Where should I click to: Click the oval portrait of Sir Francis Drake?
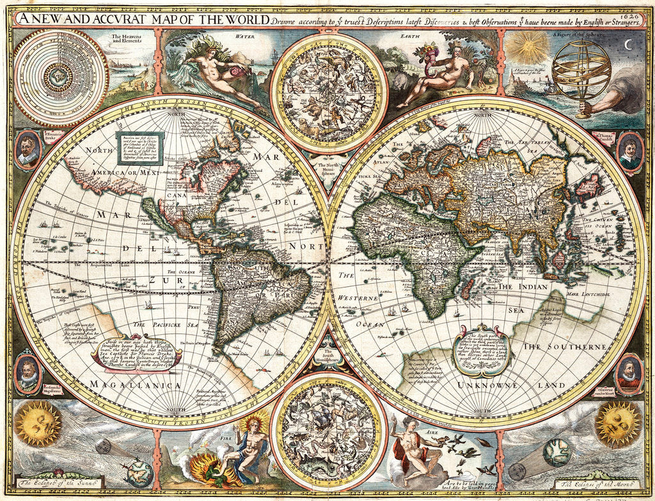tap(28, 150)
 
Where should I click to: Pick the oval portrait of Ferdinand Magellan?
tap(28, 373)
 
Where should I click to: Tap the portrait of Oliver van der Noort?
tap(628, 373)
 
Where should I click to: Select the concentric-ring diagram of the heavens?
tap(61, 77)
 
